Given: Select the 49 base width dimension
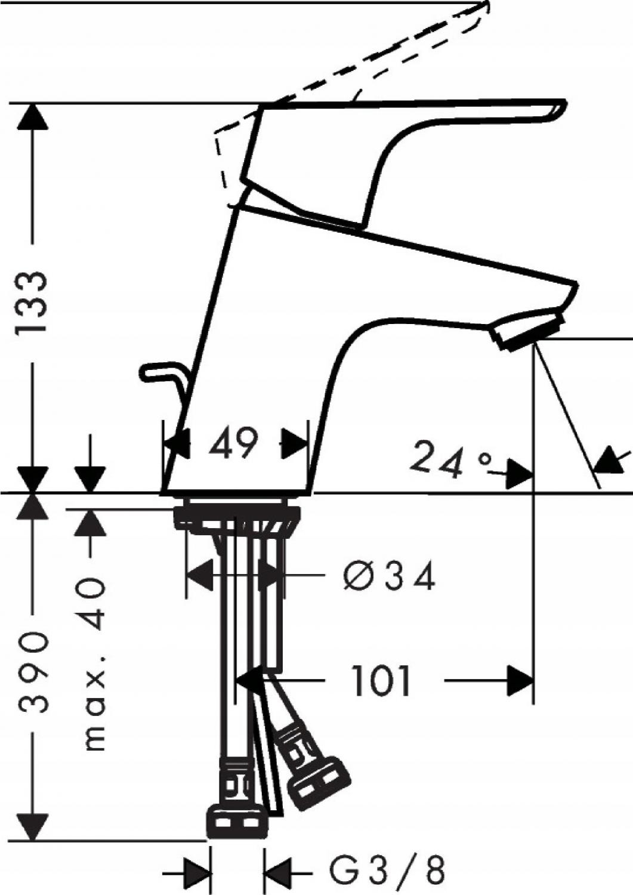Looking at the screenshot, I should click(x=233, y=443).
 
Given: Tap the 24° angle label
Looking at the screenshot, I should click(x=452, y=459).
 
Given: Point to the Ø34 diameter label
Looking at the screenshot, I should click(x=389, y=576).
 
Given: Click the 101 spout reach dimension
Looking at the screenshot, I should click(x=382, y=681).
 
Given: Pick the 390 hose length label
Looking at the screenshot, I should click(x=32, y=672).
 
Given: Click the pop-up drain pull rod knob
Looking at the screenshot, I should click(x=149, y=372).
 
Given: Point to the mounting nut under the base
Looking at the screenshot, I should click(x=237, y=517).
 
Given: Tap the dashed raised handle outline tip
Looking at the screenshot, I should click(x=484, y=8).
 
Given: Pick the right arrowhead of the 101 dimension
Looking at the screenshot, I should click(x=520, y=681).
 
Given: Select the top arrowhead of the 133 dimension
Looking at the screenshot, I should click(x=32, y=117).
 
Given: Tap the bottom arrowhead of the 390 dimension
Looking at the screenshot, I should click(x=32, y=827).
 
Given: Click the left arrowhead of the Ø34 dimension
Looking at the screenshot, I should click(x=199, y=575).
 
